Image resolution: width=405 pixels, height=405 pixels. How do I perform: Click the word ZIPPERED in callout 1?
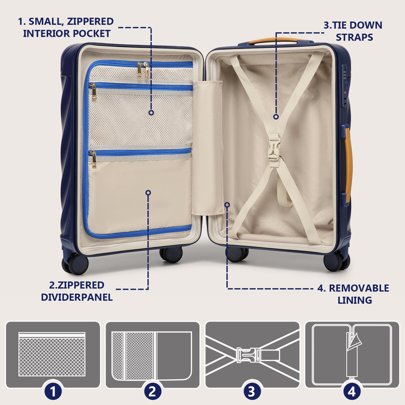(90, 22)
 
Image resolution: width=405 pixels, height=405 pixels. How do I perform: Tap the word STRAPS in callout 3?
(354, 37)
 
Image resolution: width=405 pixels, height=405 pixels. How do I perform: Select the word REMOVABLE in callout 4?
(359, 288)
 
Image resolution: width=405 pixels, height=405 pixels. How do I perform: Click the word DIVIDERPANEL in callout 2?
(77, 297)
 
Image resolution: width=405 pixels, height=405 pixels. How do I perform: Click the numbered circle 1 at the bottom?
(53, 392)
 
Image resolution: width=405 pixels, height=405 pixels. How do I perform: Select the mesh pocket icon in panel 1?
(52, 354)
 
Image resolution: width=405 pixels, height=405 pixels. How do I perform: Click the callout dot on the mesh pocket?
(151, 113)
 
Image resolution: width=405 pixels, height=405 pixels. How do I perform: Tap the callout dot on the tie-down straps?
(276, 117)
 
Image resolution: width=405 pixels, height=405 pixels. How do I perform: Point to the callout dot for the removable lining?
(227, 205)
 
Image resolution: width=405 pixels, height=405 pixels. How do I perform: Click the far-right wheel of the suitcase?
(337, 261)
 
